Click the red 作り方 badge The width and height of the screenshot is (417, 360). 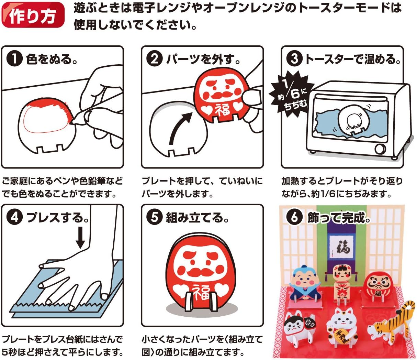point(33,15)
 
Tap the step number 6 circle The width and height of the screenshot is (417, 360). point(294,218)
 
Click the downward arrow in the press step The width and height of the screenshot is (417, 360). point(80,238)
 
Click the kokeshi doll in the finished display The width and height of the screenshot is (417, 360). point(341,287)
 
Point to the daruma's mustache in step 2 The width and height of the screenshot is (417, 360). point(222,96)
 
